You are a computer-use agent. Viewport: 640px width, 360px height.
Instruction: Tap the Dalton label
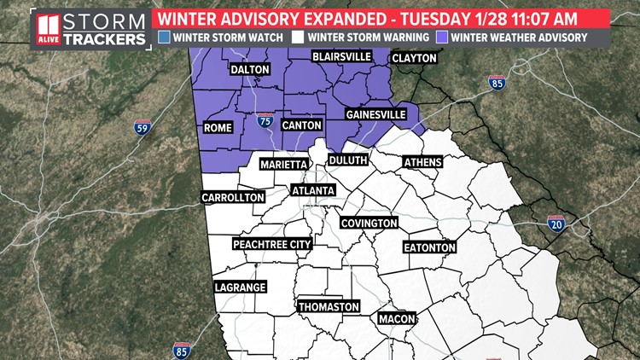click(249, 70)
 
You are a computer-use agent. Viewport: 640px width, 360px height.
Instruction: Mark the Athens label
click(422, 162)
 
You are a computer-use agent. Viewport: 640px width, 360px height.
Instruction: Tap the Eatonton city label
click(430, 247)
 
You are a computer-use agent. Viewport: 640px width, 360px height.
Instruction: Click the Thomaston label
click(329, 306)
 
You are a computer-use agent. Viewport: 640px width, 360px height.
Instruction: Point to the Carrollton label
click(232, 197)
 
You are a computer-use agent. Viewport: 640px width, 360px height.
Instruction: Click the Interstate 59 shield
click(142, 128)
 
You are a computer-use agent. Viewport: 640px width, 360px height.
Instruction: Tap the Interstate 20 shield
click(556, 224)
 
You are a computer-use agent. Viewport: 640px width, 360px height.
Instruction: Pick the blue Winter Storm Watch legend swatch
click(164, 37)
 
